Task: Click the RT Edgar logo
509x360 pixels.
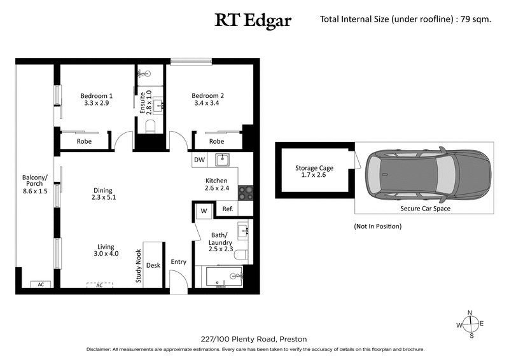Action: pos(253,20)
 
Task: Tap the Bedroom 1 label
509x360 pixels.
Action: pos(97,99)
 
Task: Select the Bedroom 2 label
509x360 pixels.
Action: pos(208,99)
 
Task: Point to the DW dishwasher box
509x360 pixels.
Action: pos(199,160)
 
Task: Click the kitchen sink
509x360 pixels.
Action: pos(222,160)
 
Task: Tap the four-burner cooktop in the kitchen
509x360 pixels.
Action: pos(246,191)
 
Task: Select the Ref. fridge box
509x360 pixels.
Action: pos(227,209)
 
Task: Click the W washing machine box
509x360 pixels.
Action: pos(204,211)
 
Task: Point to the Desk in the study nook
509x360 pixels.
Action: pos(153,265)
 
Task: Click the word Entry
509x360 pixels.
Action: pos(179,262)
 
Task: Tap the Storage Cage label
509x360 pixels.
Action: pos(314,172)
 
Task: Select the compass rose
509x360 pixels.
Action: pos(470,324)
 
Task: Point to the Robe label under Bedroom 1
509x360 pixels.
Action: pos(85,141)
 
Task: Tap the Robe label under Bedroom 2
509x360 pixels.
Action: pos(216,141)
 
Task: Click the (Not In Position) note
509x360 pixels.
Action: pos(377,226)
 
